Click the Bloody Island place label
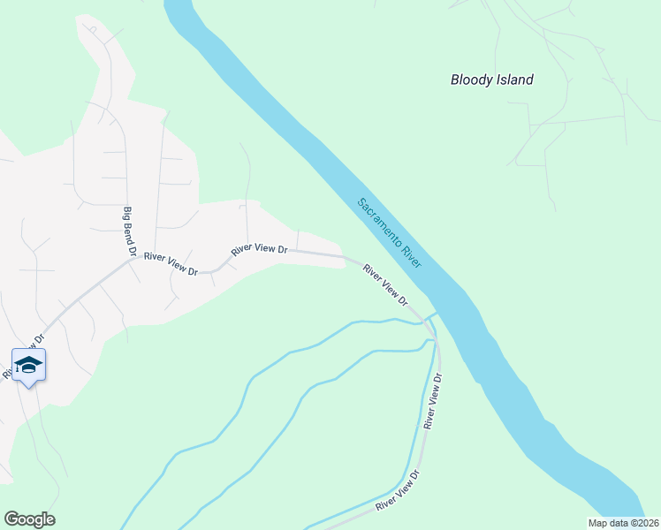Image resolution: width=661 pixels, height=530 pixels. [492, 79]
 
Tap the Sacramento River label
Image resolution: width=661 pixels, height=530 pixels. [390, 233]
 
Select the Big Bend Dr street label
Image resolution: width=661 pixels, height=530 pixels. [130, 232]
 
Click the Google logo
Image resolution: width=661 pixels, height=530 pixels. [29, 519]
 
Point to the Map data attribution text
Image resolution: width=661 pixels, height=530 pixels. [623, 523]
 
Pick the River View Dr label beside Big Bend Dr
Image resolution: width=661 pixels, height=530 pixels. [171, 264]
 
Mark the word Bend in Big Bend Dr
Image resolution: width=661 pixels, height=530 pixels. [130, 233]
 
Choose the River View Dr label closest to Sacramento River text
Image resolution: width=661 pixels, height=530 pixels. [385, 287]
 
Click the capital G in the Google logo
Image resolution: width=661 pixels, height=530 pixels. [11, 519]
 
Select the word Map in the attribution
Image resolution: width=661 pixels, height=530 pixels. [598, 523]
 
